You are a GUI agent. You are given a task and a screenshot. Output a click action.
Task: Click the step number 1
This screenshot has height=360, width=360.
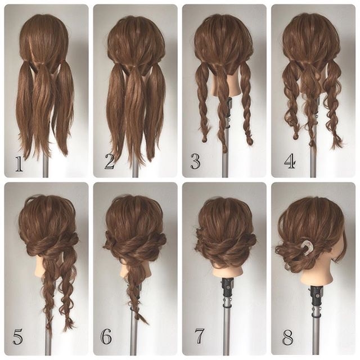point(19,164)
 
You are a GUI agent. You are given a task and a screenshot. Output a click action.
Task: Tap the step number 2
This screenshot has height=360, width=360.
point(110,161)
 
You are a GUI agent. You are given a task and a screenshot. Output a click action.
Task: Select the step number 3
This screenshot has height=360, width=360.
point(195,161)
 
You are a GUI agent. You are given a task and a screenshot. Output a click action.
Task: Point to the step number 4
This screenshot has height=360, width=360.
point(290,161)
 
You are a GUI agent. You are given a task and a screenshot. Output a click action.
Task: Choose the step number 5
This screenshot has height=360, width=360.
point(17,337)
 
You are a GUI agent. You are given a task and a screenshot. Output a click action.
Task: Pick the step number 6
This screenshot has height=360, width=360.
point(106,336)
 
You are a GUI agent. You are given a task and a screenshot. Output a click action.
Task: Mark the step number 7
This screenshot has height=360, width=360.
point(199,336)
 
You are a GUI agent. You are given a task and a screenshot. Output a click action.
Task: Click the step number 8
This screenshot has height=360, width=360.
point(287,337)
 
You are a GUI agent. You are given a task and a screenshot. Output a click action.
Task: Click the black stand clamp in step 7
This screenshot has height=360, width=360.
point(227,289)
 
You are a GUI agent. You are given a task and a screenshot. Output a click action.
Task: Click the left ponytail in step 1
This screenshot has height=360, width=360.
point(25,108)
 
